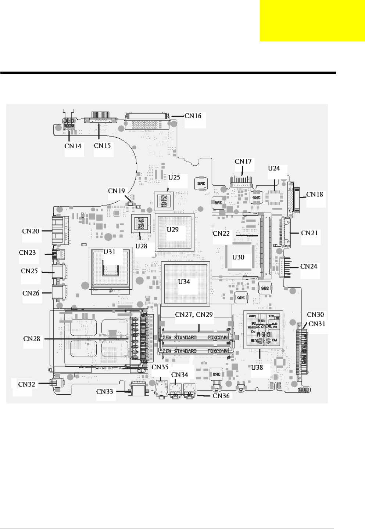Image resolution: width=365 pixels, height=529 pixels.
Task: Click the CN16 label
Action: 193,116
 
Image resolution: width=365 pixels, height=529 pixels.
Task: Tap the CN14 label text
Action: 73,146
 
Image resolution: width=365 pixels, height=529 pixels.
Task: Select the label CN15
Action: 102,145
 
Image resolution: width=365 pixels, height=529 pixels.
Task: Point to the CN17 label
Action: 243,162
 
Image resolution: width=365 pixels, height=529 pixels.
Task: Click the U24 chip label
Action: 274,169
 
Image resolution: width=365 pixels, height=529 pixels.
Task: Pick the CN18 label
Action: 315,194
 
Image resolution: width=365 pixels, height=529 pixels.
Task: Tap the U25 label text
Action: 174,178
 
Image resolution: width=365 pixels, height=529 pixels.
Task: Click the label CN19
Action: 117,191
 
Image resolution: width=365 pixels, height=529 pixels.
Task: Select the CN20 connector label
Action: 31,231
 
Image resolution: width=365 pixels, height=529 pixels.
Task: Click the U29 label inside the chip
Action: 173,230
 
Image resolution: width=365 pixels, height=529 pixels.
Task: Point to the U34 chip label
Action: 184,282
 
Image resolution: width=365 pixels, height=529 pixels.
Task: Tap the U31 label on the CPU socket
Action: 110,252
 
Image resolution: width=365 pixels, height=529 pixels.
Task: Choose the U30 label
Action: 238,257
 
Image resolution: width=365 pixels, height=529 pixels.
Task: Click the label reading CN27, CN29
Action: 194,315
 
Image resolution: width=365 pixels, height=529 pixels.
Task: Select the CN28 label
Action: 32,338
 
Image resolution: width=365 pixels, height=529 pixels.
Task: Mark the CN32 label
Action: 26,384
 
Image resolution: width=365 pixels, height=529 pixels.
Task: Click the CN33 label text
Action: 105,392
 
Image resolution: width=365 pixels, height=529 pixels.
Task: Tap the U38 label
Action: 257,367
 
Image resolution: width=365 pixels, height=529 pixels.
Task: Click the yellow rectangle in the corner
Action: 312,21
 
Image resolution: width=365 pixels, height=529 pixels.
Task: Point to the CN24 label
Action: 309,267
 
